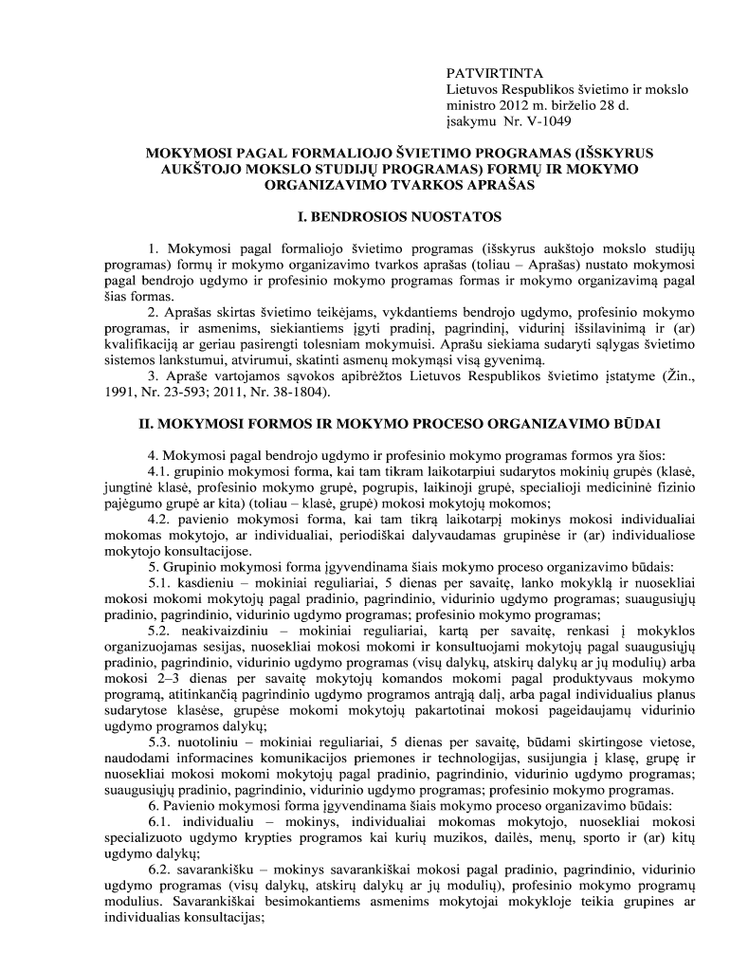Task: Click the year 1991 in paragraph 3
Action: pos(120,391)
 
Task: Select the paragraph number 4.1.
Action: pos(159,471)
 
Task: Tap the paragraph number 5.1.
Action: pos(159,584)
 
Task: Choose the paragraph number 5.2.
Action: pos(159,632)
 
